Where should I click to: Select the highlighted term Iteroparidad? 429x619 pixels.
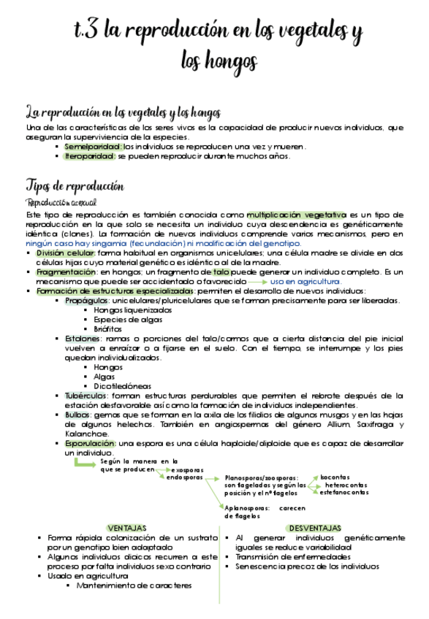[90, 155]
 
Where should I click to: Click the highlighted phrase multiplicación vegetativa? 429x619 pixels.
[296, 215]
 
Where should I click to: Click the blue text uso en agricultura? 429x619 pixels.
[305, 281]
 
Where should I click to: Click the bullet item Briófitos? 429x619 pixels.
[107, 328]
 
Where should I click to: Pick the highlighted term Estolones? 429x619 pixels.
[82, 339]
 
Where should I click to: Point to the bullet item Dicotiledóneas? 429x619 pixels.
[122, 386]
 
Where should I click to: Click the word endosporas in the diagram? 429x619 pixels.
[184, 477]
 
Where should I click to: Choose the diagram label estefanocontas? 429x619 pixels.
[344, 493]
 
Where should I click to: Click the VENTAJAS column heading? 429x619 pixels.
[126, 528]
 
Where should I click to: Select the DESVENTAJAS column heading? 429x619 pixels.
[314, 528]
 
